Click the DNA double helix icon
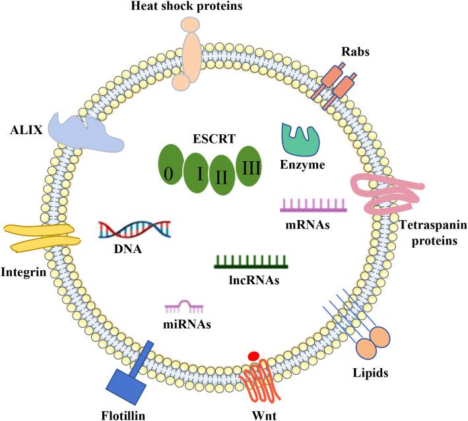(135, 229)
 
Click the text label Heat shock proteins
(189, 7)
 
